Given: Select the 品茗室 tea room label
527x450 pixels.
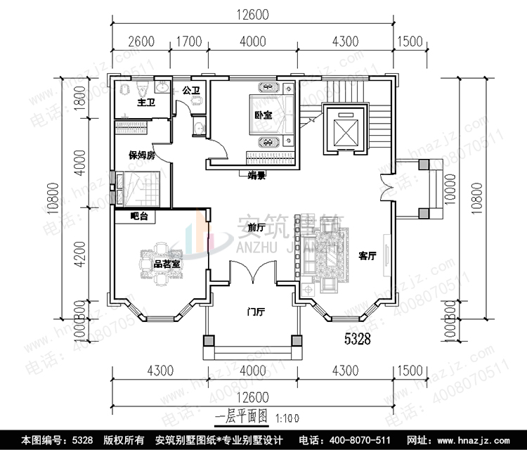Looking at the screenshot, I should point(167,264).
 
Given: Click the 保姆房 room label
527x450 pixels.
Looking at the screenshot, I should point(141,156).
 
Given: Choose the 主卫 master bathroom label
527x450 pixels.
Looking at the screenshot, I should point(145,103).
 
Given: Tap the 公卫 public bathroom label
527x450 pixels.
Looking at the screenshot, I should point(191,90).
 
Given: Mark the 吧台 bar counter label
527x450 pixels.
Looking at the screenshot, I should point(139,217).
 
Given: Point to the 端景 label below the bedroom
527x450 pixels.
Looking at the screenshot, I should point(256,176).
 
